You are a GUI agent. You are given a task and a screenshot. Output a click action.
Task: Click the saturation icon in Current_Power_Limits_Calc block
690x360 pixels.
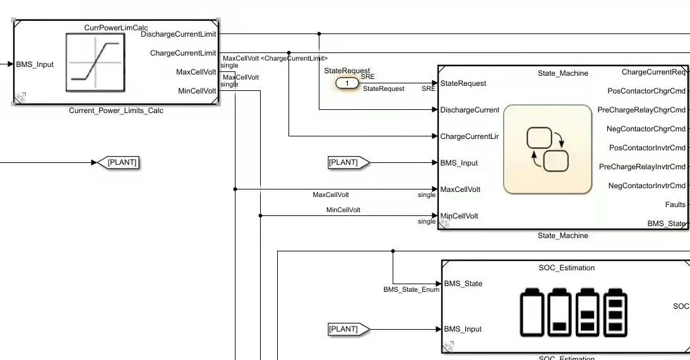[x=95, y=63]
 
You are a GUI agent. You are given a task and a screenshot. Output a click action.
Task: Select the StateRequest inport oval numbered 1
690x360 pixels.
[x=347, y=83]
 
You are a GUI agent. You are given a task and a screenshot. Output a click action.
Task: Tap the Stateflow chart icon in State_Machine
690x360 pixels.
[x=547, y=149]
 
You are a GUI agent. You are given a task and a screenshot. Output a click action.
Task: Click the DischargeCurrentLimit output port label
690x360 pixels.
[x=179, y=34]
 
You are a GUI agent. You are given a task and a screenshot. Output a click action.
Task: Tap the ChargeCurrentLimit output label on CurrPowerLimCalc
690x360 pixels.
[x=183, y=53]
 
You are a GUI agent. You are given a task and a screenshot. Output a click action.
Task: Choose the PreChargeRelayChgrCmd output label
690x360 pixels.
[x=641, y=110]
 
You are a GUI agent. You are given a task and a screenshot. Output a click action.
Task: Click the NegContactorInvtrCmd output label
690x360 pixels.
[x=646, y=186]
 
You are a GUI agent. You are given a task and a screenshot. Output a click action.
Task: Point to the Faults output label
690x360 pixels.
[x=675, y=205]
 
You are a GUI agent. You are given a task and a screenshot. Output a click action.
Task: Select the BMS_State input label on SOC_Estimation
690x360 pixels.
[x=463, y=284]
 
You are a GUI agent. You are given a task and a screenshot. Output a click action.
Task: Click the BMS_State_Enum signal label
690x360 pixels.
[x=411, y=290]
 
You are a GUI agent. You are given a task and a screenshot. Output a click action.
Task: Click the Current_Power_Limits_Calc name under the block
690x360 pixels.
[x=116, y=111]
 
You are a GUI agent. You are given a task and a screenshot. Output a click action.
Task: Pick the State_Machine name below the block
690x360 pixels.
[x=562, y=236]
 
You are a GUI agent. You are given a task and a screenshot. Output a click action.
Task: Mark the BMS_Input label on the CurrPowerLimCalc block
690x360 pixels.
[x=35, y=64]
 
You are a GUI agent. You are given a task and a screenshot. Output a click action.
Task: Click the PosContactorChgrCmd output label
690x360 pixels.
[x=646, y=91]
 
